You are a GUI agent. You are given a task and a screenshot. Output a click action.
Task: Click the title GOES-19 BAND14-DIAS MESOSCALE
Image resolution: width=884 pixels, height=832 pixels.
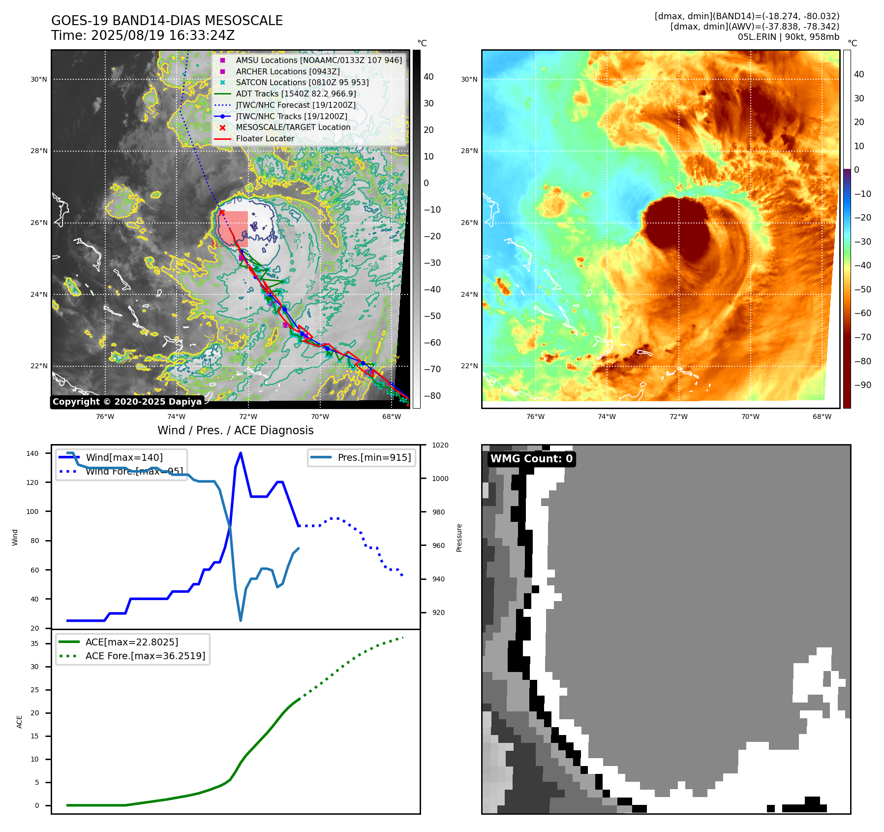[x=167, y=21]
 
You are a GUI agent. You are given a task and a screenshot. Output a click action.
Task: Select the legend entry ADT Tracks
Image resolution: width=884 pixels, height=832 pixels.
[x=296, y=94]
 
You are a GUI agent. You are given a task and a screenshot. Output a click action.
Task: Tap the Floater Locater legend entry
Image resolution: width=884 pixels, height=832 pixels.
[x=265, y=138]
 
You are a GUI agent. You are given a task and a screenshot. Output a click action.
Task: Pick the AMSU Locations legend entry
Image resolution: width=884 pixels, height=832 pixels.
[x=318, y=60]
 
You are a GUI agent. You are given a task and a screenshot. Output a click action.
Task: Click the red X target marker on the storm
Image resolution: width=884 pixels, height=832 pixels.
[x=222, y=212]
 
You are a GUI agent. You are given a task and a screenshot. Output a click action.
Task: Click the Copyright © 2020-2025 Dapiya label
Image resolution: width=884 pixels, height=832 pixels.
[x=127, y=402]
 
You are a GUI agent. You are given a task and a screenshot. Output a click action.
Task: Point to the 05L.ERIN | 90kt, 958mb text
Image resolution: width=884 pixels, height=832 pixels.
[x=788, y=37]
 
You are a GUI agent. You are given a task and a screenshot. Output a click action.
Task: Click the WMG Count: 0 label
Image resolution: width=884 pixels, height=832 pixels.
[x=531, y=459]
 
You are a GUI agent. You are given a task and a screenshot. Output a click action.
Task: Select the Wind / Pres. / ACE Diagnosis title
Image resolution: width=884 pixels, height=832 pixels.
[x=235, y=430]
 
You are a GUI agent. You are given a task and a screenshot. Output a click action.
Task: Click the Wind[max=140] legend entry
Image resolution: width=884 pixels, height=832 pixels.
[x=124, y=457]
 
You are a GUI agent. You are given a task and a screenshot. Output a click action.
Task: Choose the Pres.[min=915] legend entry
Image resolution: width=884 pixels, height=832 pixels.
[x=374, y=457]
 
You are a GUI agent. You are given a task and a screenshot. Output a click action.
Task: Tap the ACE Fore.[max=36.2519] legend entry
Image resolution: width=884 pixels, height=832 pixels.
[x=145, y=656]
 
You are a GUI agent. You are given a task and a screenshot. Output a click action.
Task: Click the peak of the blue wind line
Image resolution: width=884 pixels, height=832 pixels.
[x=241, y=453]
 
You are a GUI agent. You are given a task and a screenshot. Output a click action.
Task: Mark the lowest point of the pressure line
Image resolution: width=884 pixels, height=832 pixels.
[x=241, y=620]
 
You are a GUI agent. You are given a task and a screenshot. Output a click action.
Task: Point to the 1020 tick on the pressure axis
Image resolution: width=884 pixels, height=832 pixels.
[x=440, y=445]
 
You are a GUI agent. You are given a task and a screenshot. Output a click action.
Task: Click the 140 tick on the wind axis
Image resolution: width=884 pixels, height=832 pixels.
[x=32, y=453]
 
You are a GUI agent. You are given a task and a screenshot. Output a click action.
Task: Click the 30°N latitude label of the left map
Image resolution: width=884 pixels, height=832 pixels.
[x=39, y=79]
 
